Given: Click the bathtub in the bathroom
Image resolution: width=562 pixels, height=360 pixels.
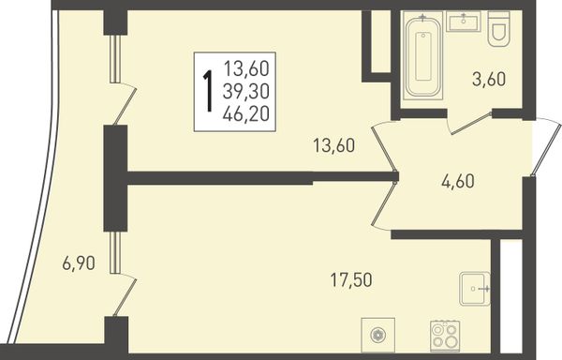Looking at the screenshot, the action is tap(423, 55).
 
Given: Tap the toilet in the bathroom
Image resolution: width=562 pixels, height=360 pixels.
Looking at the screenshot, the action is tap(498, 29).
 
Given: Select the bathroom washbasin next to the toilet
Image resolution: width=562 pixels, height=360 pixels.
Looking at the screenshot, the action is tap(464, 22).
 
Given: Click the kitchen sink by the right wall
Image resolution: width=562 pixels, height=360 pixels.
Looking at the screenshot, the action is tap(475, 289).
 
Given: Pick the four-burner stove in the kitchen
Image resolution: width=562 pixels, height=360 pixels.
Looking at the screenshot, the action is tap(445, 336).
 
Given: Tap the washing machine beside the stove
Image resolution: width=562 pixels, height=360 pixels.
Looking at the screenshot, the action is tap(378, 335).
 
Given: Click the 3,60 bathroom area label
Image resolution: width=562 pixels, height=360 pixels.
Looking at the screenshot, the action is tap(489, 80).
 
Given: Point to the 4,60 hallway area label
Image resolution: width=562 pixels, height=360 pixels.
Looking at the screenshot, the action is tap(458, 181).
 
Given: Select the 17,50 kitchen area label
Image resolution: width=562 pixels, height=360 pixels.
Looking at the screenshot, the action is tap(351, 279).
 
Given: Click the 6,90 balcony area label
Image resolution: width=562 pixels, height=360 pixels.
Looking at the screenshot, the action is tap(79, 263).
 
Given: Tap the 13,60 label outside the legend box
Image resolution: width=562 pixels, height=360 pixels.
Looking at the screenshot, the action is tap(334, 145).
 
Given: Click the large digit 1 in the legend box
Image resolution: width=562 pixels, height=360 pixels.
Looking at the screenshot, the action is tap(208, 91).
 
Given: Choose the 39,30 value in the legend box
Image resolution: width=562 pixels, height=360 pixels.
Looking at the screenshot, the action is tap(245, 92).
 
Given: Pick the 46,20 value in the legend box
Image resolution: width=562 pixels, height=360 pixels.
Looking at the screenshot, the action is tap(245, 114).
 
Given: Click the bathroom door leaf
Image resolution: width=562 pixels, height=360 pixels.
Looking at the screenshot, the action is tap(470, 124).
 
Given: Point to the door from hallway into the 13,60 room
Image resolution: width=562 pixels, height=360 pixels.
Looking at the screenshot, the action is tap(384, 148).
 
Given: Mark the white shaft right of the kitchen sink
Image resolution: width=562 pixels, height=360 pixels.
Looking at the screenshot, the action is tap(510, 296).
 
